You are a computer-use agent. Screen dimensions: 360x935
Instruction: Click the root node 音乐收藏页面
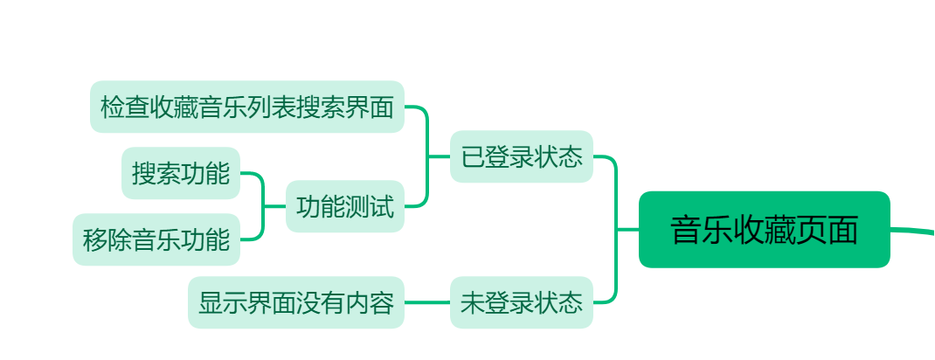pyautogui.click(x=764, y=229)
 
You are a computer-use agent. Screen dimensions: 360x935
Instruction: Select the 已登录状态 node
pyautogui.click(x=522, y=157)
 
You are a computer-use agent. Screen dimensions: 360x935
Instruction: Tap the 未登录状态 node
pyautogui.click(x=522, y=302)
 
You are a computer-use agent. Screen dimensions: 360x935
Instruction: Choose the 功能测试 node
pyautogui.click(x=345, y=207)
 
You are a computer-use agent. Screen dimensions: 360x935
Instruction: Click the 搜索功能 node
pyautogui.click(x=181, y=173)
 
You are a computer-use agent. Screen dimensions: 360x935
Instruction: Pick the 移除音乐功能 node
pyautogui.click(x=156, y=239)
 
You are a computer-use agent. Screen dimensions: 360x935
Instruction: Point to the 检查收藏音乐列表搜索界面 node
pyautogui.click(x=247, y=107)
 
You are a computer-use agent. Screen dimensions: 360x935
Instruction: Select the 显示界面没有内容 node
pyautogui.click(x=296, y=302)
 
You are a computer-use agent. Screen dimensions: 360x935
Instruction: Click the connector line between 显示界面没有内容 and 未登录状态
pyautogui.click(x=427, y=302)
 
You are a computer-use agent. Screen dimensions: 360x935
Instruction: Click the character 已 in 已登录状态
pyautogui.click(x=473, y=157)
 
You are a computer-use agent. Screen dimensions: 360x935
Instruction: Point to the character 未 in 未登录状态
pyautogui.click(x=473, y=303)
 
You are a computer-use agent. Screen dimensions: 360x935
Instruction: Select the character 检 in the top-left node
pyautogui.click(x=113, y=107)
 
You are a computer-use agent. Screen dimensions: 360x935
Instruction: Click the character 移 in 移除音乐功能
pyautogui.click(x=95, y=239)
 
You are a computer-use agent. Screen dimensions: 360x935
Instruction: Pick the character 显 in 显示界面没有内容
pyautogui.click(x=211, y=303)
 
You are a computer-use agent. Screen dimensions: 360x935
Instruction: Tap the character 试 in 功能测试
pyautogui.click(x=382, y=207)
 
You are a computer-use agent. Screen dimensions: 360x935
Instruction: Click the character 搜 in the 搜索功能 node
pyautogui.click(x=144, y=173)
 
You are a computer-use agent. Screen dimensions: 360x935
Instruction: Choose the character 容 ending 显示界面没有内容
pyautogui.click(x=382, y=303)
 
